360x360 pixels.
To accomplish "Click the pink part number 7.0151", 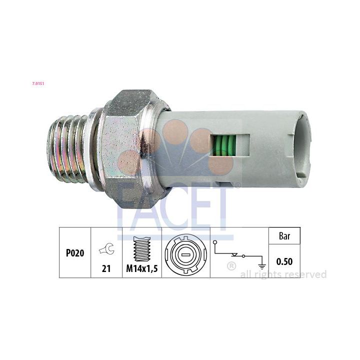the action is (38, 83).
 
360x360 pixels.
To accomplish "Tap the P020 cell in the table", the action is (75, 253).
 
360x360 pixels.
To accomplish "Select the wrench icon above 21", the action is (107, 249).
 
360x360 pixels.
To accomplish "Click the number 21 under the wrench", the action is (106, 268).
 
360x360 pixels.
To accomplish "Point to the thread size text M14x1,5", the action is (142, 268).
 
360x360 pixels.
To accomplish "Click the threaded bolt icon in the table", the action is (142, 249).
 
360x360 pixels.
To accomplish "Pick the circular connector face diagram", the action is (185, 253).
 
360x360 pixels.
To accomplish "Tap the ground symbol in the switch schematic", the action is (261, 267).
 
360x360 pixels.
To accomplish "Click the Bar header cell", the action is (284, 236).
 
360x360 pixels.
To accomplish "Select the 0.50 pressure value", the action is (284, 261).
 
